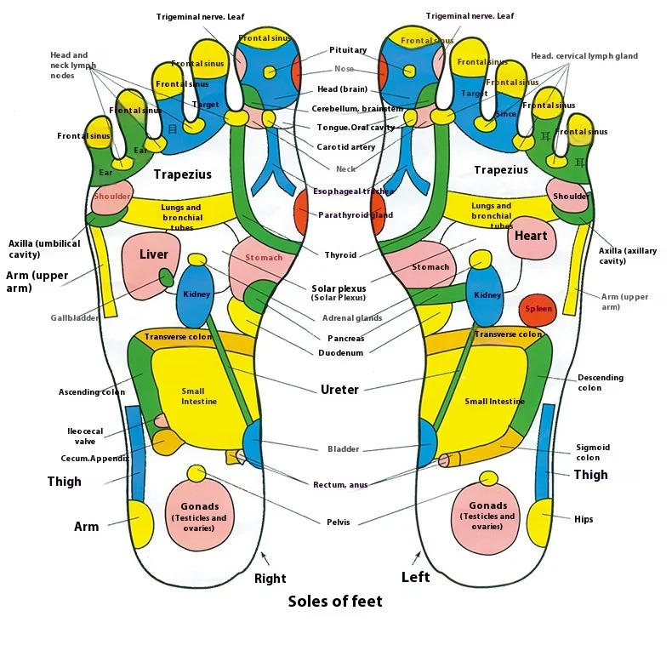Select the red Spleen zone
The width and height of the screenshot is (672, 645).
pos(538,310)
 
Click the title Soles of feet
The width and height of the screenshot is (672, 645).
pos(335,602)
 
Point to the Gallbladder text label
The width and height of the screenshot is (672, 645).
pos(74,318)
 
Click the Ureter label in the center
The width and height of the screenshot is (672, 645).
pos(339,390)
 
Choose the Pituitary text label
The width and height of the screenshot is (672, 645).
pos(348,50)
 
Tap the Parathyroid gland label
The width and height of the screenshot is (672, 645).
pos(356,215)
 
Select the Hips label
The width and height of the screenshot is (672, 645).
pos(584,519)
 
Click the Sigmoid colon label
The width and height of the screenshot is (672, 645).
pos(593,452)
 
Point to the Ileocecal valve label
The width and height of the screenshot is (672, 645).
pos(85,437)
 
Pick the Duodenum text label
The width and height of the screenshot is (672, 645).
pos(341,352)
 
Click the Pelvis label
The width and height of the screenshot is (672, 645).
pos(338,522)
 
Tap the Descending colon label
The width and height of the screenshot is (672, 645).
pos(600,383)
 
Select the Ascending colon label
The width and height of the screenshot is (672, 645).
pos(91,392)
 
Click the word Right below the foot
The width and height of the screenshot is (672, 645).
pos(270,579)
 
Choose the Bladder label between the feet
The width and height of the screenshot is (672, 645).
pos(343,449)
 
